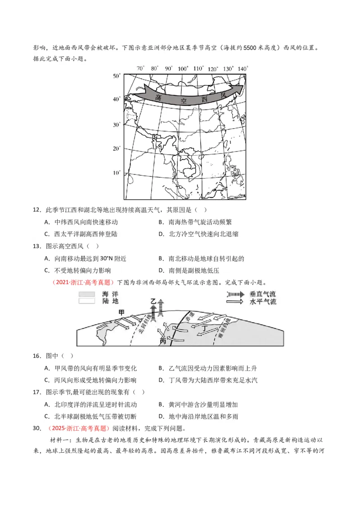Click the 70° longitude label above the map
pyautogui.click(x=140, y=68)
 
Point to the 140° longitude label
pyautogui.click(x=243, y=68)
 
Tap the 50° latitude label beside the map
pyautogui.click(x=117, y=76)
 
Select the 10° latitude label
pyautogui.click(x=117, y=173)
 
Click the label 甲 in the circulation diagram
pyautogui.click(x=121, y=312)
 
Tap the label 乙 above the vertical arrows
pyautogui.click(x=153, y=300)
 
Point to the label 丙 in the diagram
pyautogui.click(x=163, y=342)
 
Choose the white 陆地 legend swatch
pyautogui.click(x=86, y=301)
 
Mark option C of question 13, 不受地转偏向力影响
pyautogui.click(x=82, y=270)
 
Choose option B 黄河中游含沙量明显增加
pyautogui.click(x=200, y=405)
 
